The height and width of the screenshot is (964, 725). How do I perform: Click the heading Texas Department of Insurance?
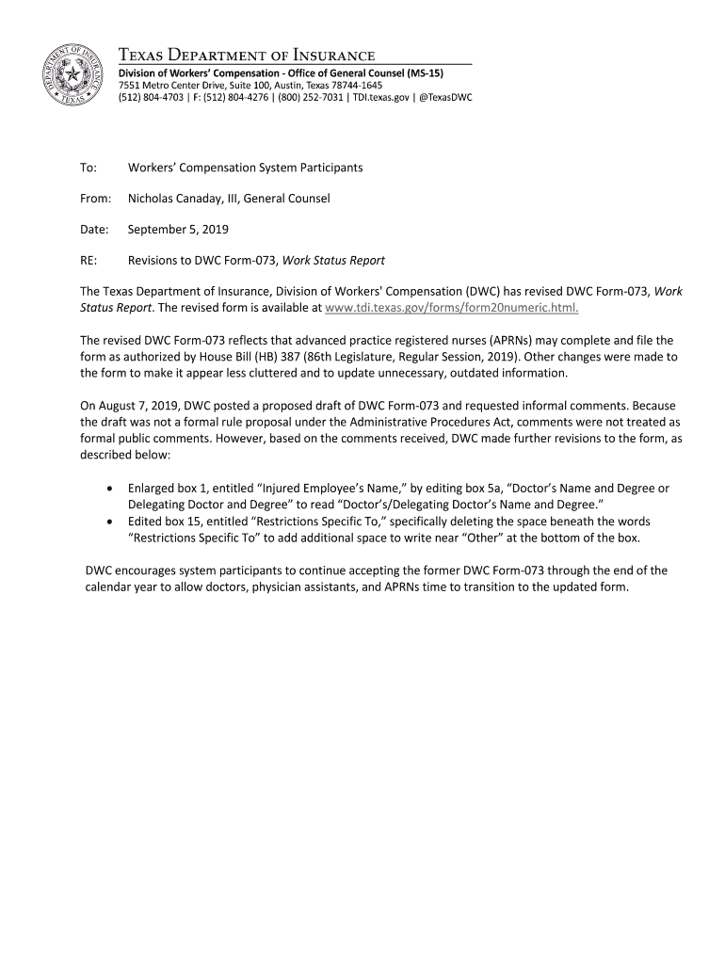pyautogui.click(x=246, y=56)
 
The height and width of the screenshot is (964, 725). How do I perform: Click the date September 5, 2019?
pyautogui.click(x=178, y=230)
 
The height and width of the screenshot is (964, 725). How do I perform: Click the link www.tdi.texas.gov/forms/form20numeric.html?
pyautogui.click(x=451, y=308)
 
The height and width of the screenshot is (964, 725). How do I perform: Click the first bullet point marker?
pyautogui.click(x=113, y=489)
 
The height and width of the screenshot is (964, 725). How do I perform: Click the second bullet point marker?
pyautogui.click(x=113, y=522)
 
